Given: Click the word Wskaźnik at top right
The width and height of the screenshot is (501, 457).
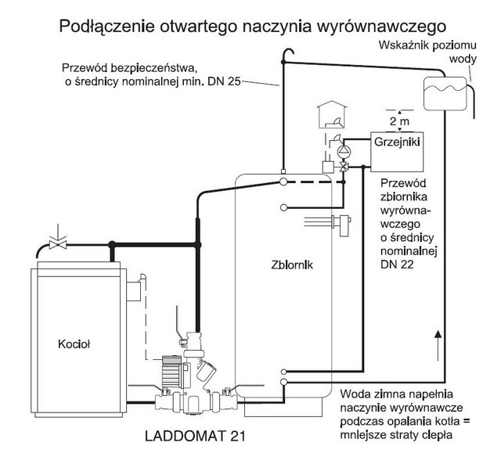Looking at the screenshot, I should [403, 45].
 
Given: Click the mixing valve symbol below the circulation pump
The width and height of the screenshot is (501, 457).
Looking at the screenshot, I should [344, 167].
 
